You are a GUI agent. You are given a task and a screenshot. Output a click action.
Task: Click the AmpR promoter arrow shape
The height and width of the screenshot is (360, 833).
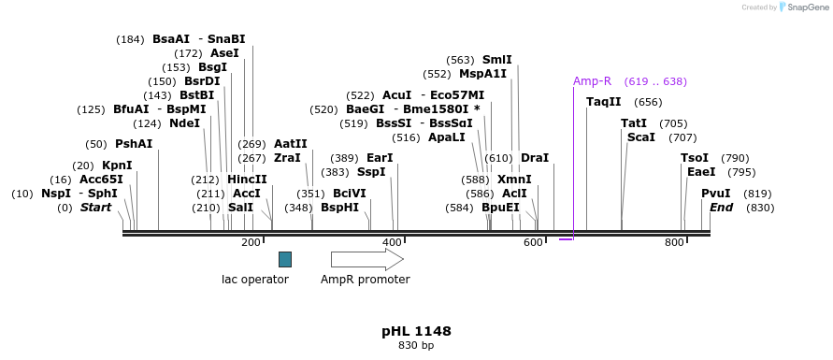click(366, 259)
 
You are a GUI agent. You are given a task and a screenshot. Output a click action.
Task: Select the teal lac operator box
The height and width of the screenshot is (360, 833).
click(285, 259)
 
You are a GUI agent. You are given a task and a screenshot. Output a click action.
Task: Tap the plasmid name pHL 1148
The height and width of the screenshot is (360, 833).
click(416, 331)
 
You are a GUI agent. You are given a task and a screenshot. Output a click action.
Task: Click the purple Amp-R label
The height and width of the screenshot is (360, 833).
click(592, 81)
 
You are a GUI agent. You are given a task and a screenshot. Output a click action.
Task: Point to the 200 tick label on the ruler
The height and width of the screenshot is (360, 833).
click(251, 243)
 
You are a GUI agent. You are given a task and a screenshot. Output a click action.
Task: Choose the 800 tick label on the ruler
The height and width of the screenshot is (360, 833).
click(674, 243)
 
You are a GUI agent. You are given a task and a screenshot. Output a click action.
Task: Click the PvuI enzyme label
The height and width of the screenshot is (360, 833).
click(716, 194)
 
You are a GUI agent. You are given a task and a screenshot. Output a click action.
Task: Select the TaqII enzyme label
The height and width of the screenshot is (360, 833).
click(603, 102)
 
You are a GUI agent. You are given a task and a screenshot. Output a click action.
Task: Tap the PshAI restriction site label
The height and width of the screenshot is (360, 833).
click(134, 144)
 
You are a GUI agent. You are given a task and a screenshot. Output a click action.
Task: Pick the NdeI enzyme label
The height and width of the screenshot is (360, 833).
click(184, 123)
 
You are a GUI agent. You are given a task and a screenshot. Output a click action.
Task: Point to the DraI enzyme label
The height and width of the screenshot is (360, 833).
click(535, 158)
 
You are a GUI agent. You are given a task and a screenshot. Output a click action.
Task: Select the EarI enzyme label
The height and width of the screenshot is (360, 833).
click(380, 158)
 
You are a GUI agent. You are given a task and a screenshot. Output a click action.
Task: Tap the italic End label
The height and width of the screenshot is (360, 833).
click(721, 208)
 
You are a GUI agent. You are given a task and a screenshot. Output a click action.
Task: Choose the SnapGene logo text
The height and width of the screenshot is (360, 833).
click(807, 7)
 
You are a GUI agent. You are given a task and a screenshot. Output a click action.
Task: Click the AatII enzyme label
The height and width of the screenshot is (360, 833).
click(290, 144)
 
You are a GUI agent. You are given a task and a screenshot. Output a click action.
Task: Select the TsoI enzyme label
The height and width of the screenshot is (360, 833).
click(695, 158)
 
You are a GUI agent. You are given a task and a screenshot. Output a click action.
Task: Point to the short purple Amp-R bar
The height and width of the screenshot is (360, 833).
click(566, 239)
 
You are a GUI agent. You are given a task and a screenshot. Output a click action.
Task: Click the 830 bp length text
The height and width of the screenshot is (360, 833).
click(416, 346)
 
